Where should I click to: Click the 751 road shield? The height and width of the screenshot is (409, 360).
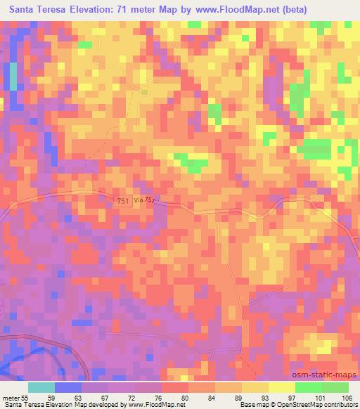pyautogui.click(x=122, y=202)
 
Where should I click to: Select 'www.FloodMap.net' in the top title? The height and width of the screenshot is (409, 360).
pyautogui.click(x=253, y=10)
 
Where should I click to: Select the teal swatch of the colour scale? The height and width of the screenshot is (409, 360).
pyautogui.click(x=41, y=387)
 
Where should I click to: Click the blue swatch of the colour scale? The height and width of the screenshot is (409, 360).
pyautogui.click(x=68, y=387)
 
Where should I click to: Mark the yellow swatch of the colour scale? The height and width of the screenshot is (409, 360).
pyautogui.click(x=281, y=387)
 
